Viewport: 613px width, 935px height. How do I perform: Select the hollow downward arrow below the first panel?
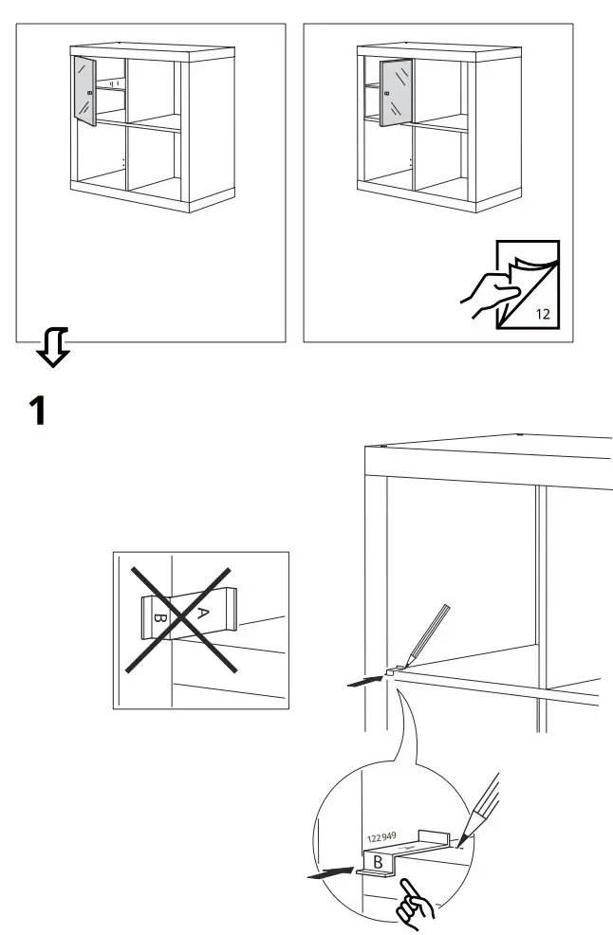tap(52, 348)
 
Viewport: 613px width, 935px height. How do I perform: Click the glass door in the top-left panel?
tap(84, 90)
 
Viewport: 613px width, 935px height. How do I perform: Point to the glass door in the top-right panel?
tap(396, 92)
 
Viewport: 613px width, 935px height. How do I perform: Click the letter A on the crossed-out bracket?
tap(200, 614)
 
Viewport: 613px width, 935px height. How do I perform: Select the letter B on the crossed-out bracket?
tap(159, 622)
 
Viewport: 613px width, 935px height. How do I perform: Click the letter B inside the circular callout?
tap(378, 863)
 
